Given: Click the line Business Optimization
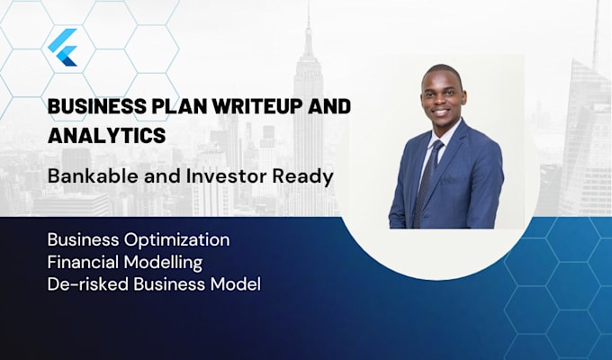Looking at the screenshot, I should click(138, 241).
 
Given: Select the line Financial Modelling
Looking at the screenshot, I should click(125, 263).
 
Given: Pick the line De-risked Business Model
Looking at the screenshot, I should click(153, 284).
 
